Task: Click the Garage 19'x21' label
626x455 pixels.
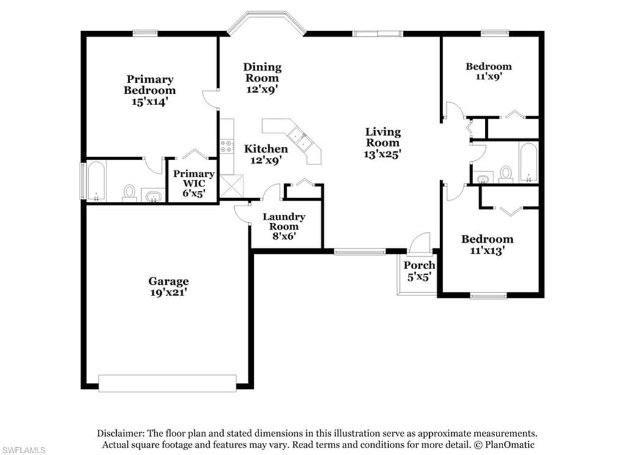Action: pyautogui.click(x=169, y=287)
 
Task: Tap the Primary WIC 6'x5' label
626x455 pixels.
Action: pyautogui.click(x=194, y=183)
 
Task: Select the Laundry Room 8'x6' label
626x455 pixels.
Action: pyautogui.click(x=284, y=226)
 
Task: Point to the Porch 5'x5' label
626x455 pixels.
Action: pyautogui.click(x=419, y=270)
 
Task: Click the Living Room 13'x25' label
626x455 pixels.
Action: pyautogui.click(x=383, y=142)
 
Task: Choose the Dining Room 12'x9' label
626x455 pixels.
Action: pyautogui.click(x=262, y=78)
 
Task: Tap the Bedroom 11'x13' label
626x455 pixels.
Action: pyautogui.click(x=487, y=245)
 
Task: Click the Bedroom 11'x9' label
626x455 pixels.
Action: pyautogui.click(x=488, y=71)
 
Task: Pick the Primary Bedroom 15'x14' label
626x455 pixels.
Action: pyautogui.click(x=150, y=91)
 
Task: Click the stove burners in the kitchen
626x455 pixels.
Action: pyautogui.click(x=227, y=146)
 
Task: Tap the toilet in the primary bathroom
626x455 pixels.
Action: pyautogui.click(x=130, y=193)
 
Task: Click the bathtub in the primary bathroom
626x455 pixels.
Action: pyautogui.click(x=96, y=182)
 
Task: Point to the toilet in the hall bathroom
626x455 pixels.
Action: pyautogui.click(x=506, y=174)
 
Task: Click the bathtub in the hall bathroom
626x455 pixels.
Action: pyautogui.click(x=528, y=163)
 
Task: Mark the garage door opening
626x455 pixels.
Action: pyautogui.click(x=168, y=383)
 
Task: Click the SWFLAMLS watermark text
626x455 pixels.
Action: pyautogui.click(x=23, y=450)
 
